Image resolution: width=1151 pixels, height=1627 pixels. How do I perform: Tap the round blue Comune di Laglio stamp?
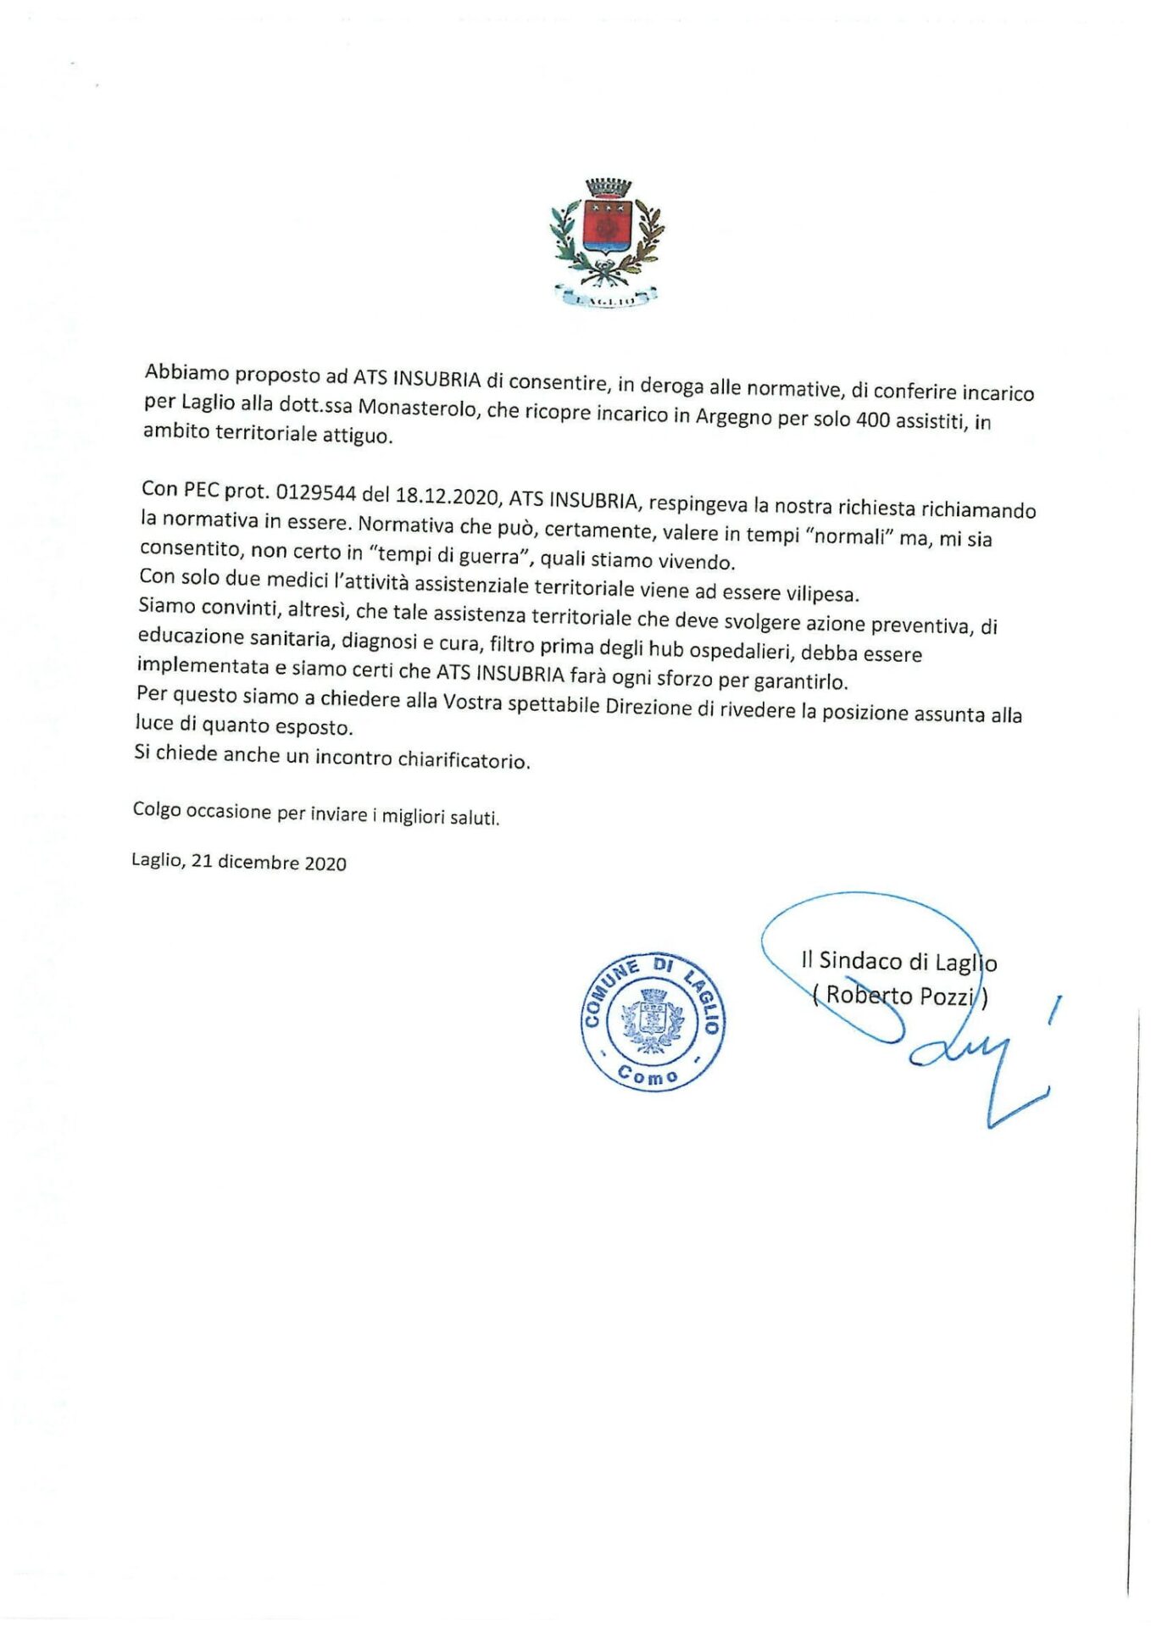653,1020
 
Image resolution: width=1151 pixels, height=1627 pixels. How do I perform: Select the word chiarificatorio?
464,759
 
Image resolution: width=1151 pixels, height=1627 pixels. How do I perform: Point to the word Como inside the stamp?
648,1075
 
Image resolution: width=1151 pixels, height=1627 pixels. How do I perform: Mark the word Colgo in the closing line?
157,809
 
